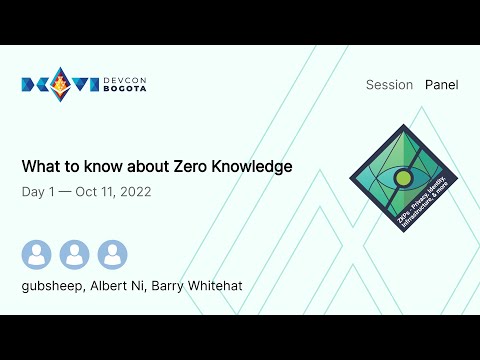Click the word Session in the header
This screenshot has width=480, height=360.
pyautogui.click(x=389, y=85)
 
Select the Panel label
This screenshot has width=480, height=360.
pyautogui.click(x=441, y=85)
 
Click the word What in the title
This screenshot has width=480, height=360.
pyautogui.click(x=39, y=166)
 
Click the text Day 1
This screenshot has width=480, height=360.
pyautogui.click(x=37, y=191)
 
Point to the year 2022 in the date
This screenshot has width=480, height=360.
pyautogui.click(x=133, y=191)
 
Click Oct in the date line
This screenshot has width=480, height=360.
pyautogui.click(x=84, y=191)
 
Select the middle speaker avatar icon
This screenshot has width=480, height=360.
pyautogui.click(x=75, y=255)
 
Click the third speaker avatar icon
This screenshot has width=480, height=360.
pyautogui.click(x=113, y=255)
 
